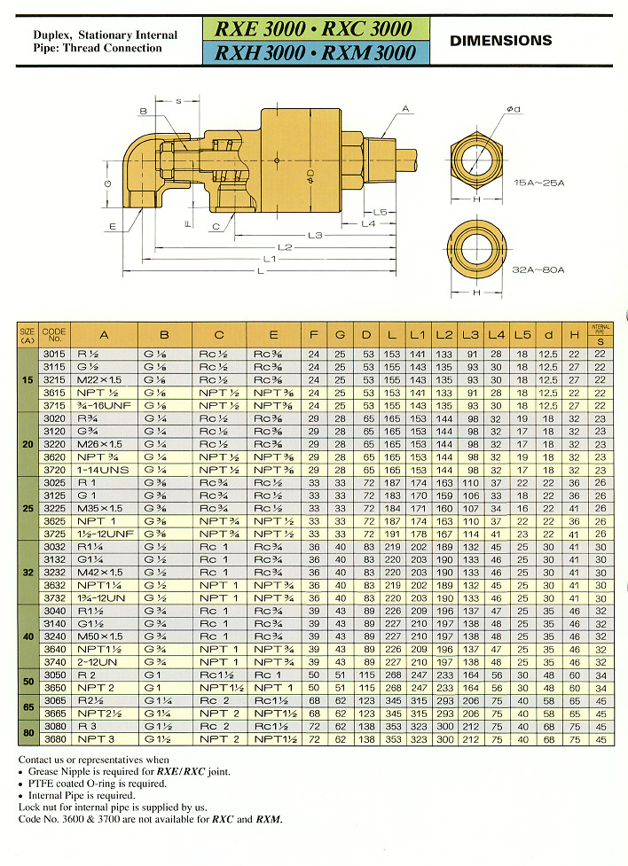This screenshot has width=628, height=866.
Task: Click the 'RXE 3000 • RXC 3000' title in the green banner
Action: tap(314, 27)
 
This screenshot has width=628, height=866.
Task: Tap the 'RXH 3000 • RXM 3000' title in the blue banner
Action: tap(314, 52)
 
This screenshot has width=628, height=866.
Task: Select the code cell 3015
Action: tap(54, 355)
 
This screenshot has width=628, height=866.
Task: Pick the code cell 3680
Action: tap(54, 739)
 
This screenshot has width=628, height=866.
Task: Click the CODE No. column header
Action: tap(54, 334)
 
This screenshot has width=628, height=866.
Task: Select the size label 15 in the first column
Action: tap(27, 378)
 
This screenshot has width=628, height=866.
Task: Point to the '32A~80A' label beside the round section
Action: tap(539, 269)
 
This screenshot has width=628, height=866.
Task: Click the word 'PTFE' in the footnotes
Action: tap(43, 784)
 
